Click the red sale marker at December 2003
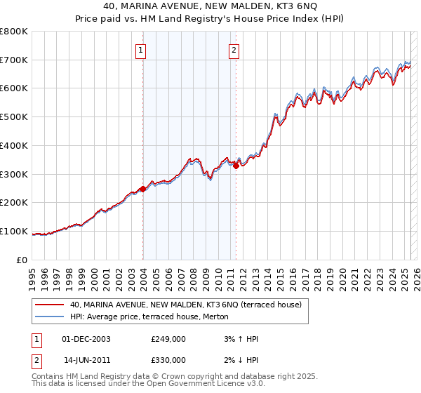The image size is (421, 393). coord(143,189)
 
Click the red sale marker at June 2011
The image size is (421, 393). coord(236,166)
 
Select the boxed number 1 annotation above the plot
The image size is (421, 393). coord(141,50)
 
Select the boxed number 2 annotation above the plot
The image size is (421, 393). coord(234,50)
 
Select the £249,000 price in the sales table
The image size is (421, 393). coord(168,339)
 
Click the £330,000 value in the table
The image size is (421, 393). coord(168,360)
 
